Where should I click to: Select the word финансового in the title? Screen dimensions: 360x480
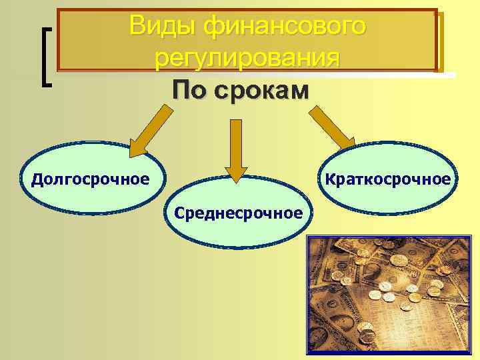(x=285, y=26)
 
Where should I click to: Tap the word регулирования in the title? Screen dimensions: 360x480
(x=247, y=58)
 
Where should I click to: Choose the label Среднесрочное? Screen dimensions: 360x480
(x=239, y=213)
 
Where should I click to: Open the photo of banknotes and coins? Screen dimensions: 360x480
(x=389, y=296)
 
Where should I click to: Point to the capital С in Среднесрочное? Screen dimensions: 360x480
(x=179, y=213)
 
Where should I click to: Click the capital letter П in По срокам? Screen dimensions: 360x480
(x=179, y=89)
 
